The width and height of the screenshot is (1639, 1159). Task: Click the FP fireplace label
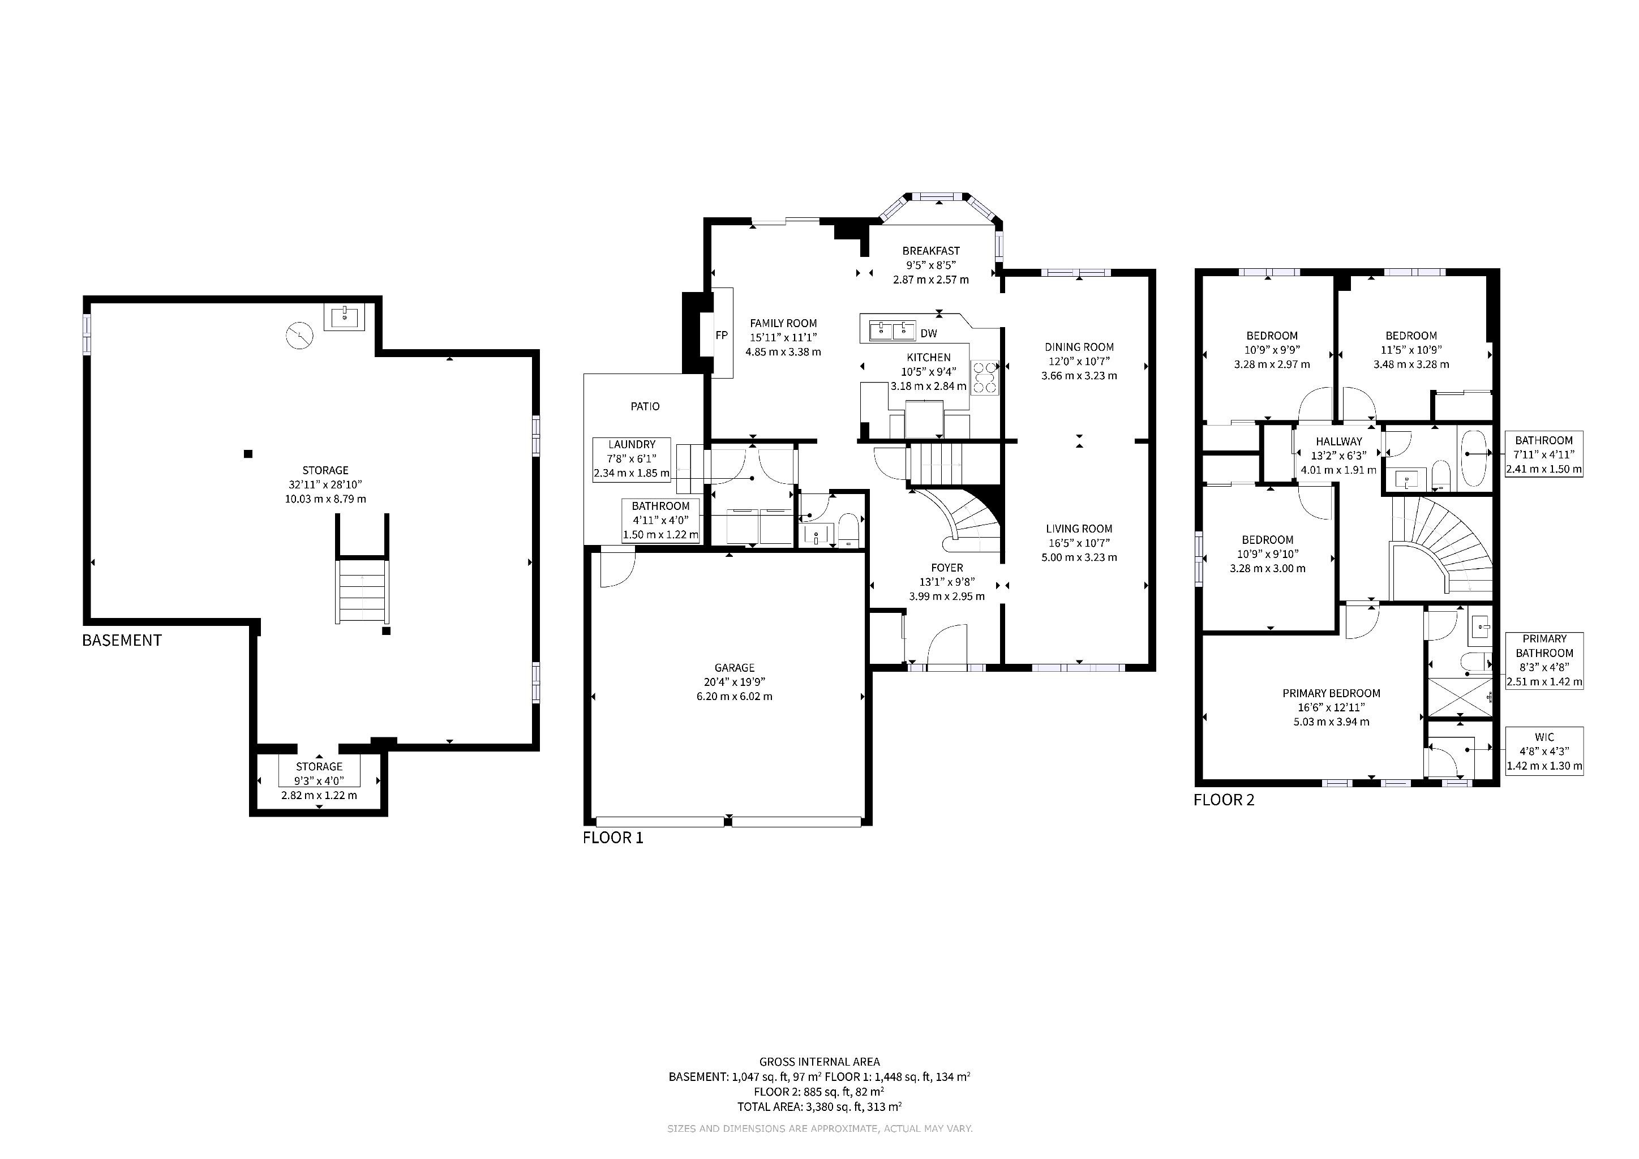[722, 334]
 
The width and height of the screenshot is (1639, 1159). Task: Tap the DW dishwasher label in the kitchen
[929, 333]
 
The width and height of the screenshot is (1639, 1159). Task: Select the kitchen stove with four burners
[985, 377]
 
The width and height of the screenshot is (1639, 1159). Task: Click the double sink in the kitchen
[893, 330]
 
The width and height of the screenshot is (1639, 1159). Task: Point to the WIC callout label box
[1544, 752]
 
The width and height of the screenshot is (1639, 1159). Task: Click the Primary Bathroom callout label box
[1544, 661]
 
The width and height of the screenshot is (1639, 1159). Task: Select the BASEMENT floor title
[122, 640]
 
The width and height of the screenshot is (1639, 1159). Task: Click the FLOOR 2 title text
[1224, 800]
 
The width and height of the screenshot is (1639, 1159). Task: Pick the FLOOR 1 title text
[613, 838]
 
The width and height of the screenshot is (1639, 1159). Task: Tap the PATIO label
[645, 406]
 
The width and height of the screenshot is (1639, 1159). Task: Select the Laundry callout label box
[632, 460]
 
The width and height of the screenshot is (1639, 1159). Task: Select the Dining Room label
[1079, 347]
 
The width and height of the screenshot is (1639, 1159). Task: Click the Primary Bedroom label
[1331, 693]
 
